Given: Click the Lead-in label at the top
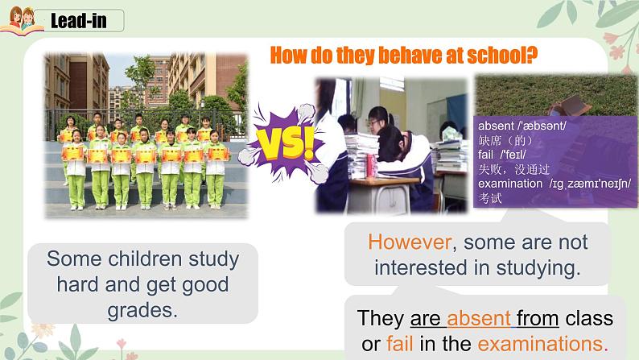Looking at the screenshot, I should click(78, 21).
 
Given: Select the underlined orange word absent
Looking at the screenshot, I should click(480, 318).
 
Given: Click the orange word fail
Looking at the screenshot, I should click(399, 344).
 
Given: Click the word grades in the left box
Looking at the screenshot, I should click(142, 310).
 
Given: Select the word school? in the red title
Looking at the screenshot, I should click(505, 55).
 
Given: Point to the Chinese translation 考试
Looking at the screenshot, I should click(489, 197).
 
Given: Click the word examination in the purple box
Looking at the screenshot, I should click(510, 183).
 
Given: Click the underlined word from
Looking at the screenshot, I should click(538, 318).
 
